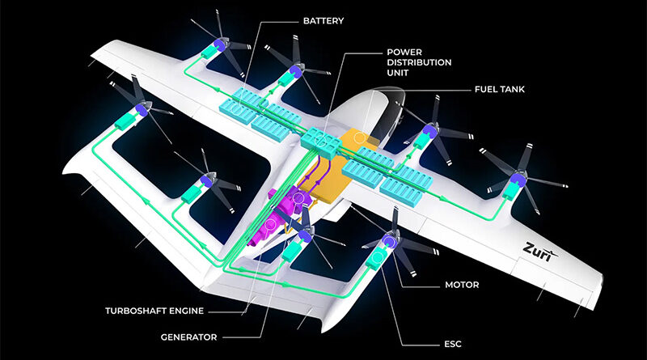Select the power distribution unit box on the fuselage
coord(321,143)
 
